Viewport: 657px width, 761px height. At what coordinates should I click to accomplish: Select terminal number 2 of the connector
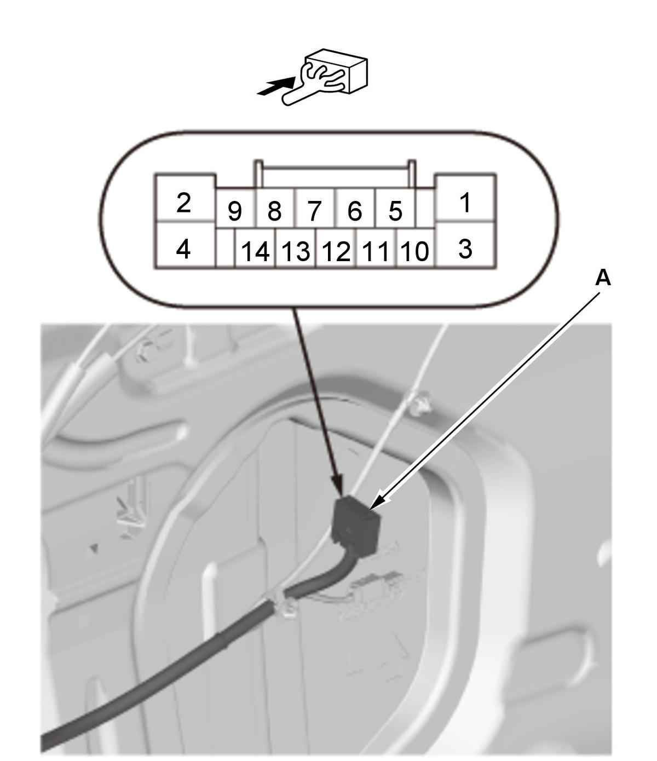[x=185, y=198]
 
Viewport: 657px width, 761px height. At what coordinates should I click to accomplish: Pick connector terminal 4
[x=185, y=245]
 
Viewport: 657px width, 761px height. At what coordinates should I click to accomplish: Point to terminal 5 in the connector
[x=395, y=208]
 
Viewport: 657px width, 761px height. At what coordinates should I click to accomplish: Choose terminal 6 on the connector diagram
[x=355, y=208]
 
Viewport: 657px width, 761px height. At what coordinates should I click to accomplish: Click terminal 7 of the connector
[x=314, y=208]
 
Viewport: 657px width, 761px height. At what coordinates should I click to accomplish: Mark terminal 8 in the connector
[x=275, y=208]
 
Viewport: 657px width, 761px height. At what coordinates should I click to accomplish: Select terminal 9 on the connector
[x=235, y=208]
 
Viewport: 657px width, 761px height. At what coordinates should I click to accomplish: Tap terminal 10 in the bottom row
[x=415, y=247]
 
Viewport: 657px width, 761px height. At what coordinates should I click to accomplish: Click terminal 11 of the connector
[x=376, y=247]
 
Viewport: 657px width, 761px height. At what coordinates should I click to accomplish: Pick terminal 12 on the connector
[x=336, y=247]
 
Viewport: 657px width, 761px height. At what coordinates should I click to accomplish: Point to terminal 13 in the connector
[x=295, y=247]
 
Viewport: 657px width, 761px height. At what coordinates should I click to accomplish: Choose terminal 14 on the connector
[x=255, y=247]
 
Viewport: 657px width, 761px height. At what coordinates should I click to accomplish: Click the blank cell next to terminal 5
[x=425, y=208]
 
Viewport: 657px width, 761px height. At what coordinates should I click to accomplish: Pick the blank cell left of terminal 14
[x=226, y=247]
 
